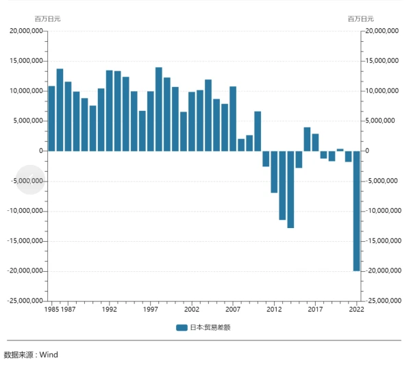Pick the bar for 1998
click(x=159, y=109)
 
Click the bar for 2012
click(x=274, y=172)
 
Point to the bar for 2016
click(x=307, y=139)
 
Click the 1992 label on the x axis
click(x=109, y=310)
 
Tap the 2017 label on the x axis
click(x=315, y=310)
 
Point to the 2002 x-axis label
click(x=192, y=310)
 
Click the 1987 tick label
click(x=68, y=310)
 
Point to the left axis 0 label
click(x=41, y=151)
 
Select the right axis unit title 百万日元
click(x=361, y=18)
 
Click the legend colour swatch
click(x=181, y=327)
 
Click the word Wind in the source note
click(x=49, y=355)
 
